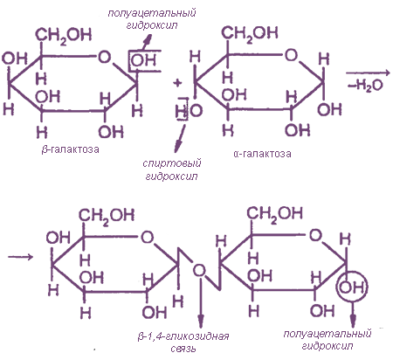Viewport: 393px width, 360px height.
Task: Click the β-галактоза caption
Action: click(70, 149)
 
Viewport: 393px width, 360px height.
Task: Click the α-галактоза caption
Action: click(262, 154)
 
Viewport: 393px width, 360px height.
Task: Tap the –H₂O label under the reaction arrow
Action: click(365, 86)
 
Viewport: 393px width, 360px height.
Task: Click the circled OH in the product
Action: click(352, 287)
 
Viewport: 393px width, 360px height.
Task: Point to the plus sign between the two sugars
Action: click(177, 83)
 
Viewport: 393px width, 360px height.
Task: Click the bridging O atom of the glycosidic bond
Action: click(199, 270)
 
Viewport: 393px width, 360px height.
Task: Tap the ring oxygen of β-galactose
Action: click(105, 57)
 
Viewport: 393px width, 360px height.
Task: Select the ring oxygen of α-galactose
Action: click(291, 54)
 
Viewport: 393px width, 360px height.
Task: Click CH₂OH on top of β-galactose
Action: click(63, 35)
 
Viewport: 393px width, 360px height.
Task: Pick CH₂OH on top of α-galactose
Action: click(250, 33)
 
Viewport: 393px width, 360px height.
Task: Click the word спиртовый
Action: click(172, 163)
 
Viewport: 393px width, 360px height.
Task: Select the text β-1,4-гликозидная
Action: click(183, 336)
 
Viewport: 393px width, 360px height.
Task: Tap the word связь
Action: click(183, 349)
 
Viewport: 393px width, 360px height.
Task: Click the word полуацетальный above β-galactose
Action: click(152, 13)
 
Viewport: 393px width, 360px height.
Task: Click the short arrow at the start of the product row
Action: click(20, 257)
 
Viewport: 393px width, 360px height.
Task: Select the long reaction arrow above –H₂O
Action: click(368, 73)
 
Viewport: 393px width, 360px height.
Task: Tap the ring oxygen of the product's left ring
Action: click(147, 238)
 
